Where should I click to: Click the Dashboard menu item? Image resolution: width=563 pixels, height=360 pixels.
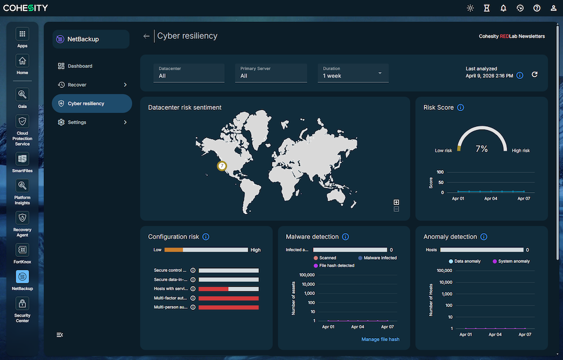(79, 66)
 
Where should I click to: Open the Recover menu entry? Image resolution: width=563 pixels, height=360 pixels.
(77, 85)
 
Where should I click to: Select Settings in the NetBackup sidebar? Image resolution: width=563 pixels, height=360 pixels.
(77, 122)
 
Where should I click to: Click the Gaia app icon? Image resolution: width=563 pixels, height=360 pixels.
(22, 95)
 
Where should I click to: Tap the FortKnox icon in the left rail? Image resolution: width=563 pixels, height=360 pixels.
(22, 250)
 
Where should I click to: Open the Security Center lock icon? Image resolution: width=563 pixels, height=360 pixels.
(22, 304)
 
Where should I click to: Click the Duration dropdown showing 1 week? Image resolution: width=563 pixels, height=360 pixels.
(352, 73)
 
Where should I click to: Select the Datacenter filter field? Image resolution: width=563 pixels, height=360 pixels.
(189, 73)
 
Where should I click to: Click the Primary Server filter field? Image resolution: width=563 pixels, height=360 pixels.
(270, 73)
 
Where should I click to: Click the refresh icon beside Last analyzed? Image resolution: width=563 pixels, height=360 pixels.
(534, 74)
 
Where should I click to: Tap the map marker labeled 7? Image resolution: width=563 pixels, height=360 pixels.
(222, 166)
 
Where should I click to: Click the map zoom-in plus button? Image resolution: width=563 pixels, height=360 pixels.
(396, 202)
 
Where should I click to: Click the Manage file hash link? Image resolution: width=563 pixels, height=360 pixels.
(380, 339)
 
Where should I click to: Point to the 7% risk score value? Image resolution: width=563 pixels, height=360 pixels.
(481, 149)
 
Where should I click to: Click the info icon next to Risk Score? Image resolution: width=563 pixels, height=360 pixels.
(461, 108)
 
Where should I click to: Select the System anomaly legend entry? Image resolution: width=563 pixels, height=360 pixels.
(511, 261)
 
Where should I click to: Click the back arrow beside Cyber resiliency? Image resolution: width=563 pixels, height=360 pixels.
(146, 36)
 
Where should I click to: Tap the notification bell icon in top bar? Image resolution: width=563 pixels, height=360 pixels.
(503, 8)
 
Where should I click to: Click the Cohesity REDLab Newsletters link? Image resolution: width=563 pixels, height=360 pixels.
(511, 36)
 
